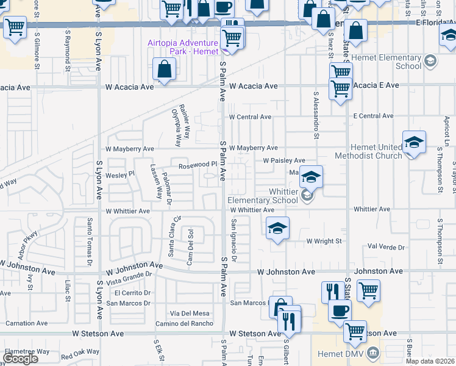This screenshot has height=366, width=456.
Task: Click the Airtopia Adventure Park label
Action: (183, 47)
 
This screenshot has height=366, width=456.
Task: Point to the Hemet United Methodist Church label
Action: (376, 151)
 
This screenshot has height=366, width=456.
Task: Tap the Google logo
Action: (20, 359)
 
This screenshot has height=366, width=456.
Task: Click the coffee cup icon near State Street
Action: (340, 310)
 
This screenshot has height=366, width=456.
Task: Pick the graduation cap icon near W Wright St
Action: (277, 229)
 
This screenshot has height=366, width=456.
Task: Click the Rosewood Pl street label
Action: (198, 165)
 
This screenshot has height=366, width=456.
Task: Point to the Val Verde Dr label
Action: (387, 247)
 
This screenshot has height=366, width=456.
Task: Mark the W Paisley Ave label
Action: (284, 160)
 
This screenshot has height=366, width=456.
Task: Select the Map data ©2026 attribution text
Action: (428, 361)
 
